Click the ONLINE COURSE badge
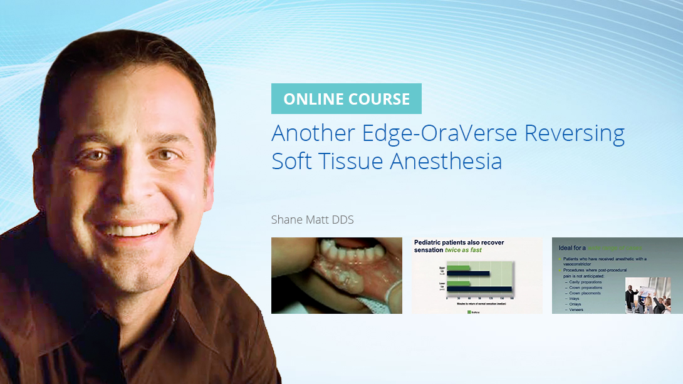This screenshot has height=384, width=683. (346, 99)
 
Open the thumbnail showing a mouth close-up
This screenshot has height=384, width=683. (336, 276)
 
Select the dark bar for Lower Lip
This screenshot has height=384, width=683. (479, 289)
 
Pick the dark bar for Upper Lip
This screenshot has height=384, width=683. (469, 274)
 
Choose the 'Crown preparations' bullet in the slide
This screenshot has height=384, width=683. (585, 288)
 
